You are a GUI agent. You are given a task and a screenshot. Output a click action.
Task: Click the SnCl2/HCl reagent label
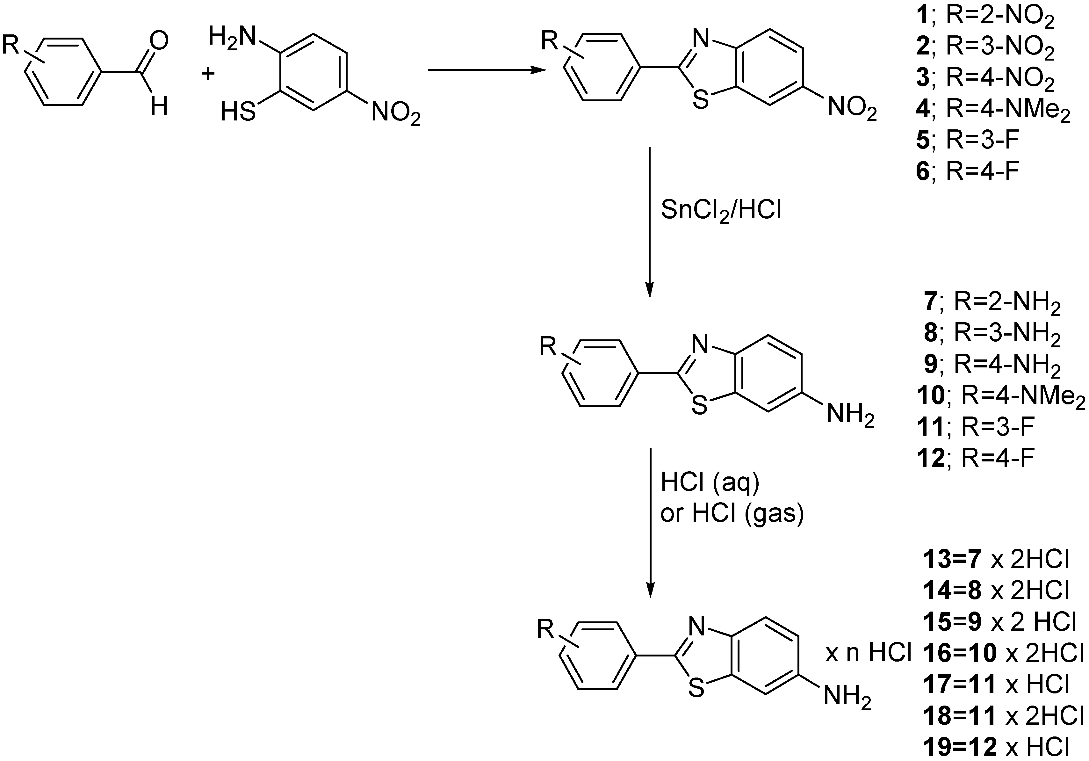coord(721,210)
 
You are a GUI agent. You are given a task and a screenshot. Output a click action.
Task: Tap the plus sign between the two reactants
coord(208,74)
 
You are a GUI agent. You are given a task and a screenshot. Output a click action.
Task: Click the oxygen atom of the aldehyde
coord(159,41)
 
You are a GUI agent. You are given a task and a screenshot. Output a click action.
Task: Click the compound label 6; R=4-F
coord(968,171)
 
